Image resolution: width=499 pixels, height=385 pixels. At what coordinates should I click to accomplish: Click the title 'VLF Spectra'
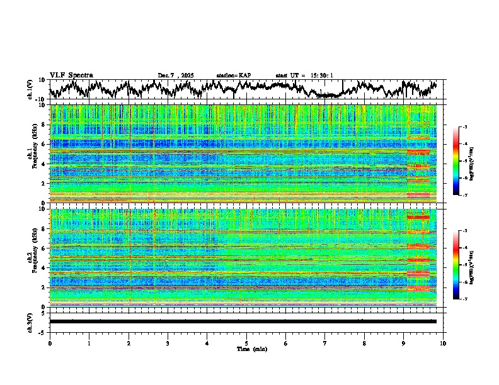click(71, 75)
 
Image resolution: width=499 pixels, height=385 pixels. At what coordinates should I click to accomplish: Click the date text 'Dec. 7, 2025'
click(176, 75)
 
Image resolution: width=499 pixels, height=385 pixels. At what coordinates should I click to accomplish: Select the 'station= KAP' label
click(233, 75)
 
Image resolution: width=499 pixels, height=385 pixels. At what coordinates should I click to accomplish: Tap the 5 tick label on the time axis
click(246, 343)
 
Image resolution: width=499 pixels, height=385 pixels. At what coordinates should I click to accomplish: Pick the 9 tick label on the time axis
click(404, 343)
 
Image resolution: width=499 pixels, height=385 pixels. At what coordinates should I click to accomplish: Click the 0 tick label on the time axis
click(50, 343)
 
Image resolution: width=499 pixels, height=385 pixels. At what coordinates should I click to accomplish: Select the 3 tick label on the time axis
click(168, 343)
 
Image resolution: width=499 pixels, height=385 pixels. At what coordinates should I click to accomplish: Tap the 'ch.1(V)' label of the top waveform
click(30, 89)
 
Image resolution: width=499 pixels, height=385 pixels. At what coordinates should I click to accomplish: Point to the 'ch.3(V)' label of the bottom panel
click(30, 321)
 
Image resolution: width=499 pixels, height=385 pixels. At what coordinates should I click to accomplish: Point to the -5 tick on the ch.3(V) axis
click(43, 331)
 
